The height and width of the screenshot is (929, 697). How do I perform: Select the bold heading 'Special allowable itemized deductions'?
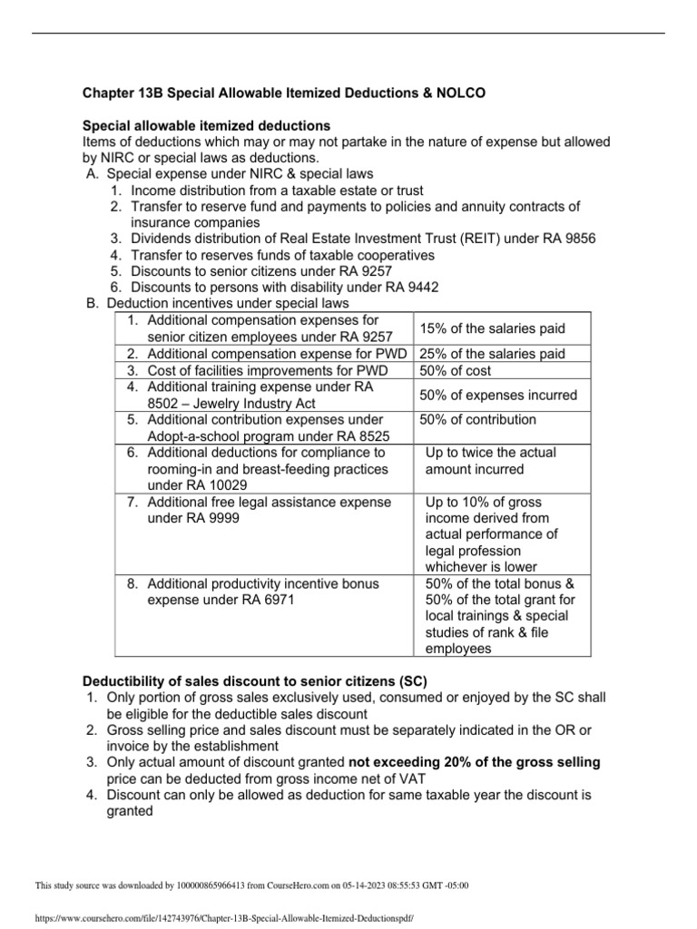pyautogui.click(x=207, y=124)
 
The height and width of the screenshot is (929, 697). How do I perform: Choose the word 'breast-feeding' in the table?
pyautogui.click(x=285, y=469)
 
